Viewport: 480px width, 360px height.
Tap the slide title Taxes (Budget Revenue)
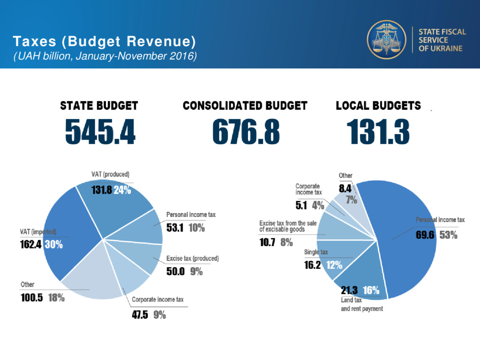104,41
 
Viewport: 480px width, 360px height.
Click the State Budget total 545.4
100,131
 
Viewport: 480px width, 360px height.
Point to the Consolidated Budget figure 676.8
246,131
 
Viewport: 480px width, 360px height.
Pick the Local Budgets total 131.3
378,131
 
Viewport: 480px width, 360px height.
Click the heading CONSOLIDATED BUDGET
245,105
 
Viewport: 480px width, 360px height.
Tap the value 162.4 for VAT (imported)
31,244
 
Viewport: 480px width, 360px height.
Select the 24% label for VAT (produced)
122,190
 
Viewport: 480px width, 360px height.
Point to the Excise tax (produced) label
193,258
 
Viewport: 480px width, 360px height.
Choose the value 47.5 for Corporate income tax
140,315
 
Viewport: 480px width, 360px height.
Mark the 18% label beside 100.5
56,298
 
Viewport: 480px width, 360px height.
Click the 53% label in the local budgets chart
448,235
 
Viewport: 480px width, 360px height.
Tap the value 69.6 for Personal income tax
426,235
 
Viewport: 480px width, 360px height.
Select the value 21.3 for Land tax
350,290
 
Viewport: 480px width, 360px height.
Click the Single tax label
316,252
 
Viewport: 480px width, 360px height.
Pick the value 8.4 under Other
345,189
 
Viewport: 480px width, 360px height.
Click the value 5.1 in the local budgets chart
302,204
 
